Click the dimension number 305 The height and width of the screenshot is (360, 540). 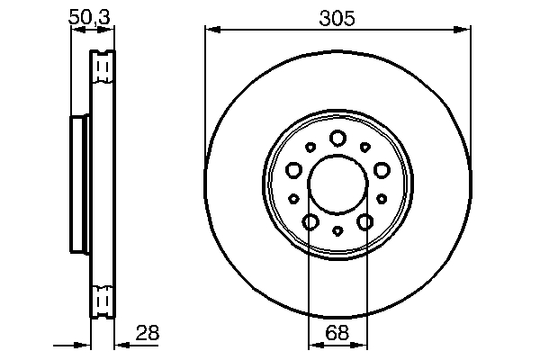[337, 17]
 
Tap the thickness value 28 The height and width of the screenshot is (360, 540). [147, 332]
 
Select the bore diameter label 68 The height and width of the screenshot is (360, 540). [337, 332]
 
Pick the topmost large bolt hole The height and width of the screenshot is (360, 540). [337, 138]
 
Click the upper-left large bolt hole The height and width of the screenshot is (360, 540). [293, 169]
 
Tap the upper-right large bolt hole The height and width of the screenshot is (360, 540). [382, 169]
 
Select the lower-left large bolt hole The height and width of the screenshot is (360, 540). [310, 221]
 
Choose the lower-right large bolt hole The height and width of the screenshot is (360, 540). [365, 221]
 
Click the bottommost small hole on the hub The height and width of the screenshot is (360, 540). [337, 231]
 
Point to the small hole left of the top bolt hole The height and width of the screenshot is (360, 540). [310, 147]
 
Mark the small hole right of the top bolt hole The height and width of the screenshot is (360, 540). [365, 147]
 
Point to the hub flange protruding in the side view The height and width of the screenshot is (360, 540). [79, 184]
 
